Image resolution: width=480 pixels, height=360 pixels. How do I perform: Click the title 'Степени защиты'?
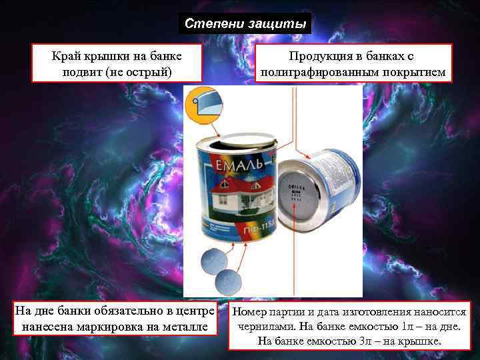[x=246, y=24]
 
